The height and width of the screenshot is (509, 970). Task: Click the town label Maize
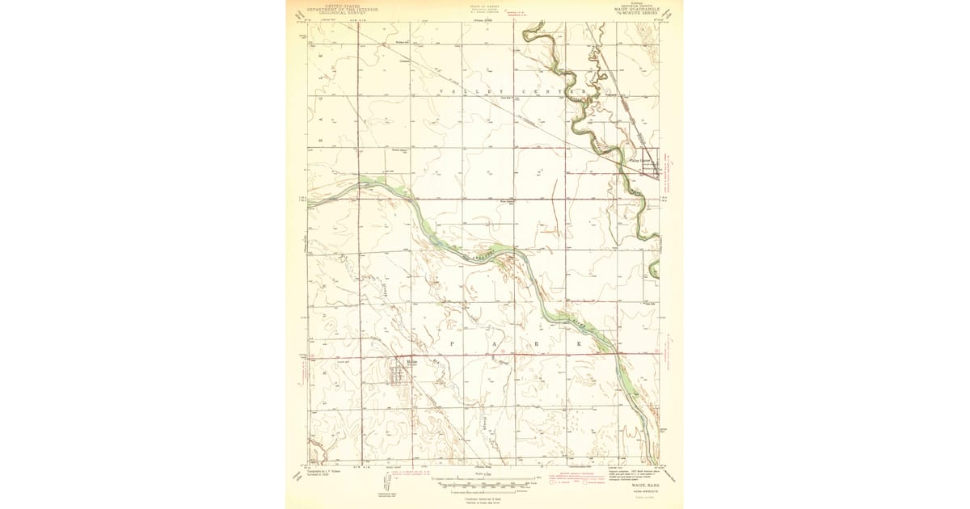tap(412, 361)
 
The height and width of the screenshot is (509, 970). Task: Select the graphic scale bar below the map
tap(485, 486)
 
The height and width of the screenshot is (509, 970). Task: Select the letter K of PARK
tap(579, 343)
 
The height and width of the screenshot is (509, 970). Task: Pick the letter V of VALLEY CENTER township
tap(441, 92)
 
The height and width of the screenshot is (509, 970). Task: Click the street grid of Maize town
tap(399, 373)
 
